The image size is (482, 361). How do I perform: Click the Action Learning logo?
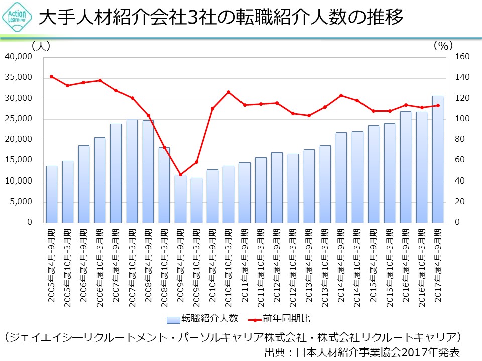(x=18, y=17)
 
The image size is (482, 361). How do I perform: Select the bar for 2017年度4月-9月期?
(x=437, y=159)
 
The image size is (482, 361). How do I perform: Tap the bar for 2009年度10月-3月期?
(x=196, y=200)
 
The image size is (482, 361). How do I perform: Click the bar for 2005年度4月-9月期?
(x=52, y=194)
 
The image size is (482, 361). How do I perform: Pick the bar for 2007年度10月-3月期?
(x=132, y=171)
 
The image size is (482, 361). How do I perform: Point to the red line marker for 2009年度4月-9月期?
(x=180, y=174)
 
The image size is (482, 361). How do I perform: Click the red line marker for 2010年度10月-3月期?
(x=228, y=92)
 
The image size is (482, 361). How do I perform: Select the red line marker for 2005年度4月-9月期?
(x=52, y=76)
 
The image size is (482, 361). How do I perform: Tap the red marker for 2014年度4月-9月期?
(x=341, y=95)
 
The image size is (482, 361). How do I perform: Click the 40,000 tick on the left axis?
(x=18, y=57)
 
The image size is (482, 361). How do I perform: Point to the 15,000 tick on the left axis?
(x=18, y=160)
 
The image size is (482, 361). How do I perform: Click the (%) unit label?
(x=443, y=46)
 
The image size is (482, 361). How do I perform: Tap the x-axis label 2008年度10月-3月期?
(x=165, y=265)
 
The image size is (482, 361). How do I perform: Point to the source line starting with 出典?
(x=361, y=352)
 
